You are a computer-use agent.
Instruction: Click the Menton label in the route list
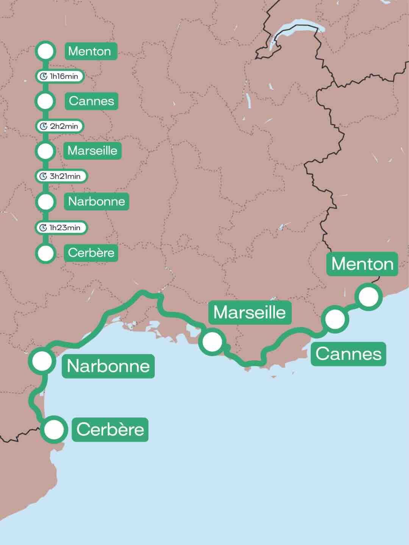[90, 51]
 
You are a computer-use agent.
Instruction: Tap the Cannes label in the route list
[91, 101]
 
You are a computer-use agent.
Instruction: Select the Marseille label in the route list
[92, 151]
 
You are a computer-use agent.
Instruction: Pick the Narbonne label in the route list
[97, 201]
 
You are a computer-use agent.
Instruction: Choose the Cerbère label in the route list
[91, 252]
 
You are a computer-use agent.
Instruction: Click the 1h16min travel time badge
[59, 76]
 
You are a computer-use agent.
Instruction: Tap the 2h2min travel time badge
[59, 126]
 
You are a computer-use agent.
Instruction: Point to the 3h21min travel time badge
[61, 176]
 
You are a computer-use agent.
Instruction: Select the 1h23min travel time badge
[61, 227]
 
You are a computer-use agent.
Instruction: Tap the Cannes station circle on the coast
[335, 319]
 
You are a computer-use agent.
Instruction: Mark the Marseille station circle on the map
[212, 342]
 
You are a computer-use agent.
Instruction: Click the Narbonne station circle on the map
[42, 361]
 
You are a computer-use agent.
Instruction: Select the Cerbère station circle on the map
[54, 430]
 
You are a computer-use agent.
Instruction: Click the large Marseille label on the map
[250, 312]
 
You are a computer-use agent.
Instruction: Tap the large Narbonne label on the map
[108, 366]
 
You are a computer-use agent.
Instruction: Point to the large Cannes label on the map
[348, 354]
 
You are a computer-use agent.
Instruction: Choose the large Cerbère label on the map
[110, 430]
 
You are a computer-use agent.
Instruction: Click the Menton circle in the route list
[45, 51]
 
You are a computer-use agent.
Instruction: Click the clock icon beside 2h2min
[44, 126]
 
